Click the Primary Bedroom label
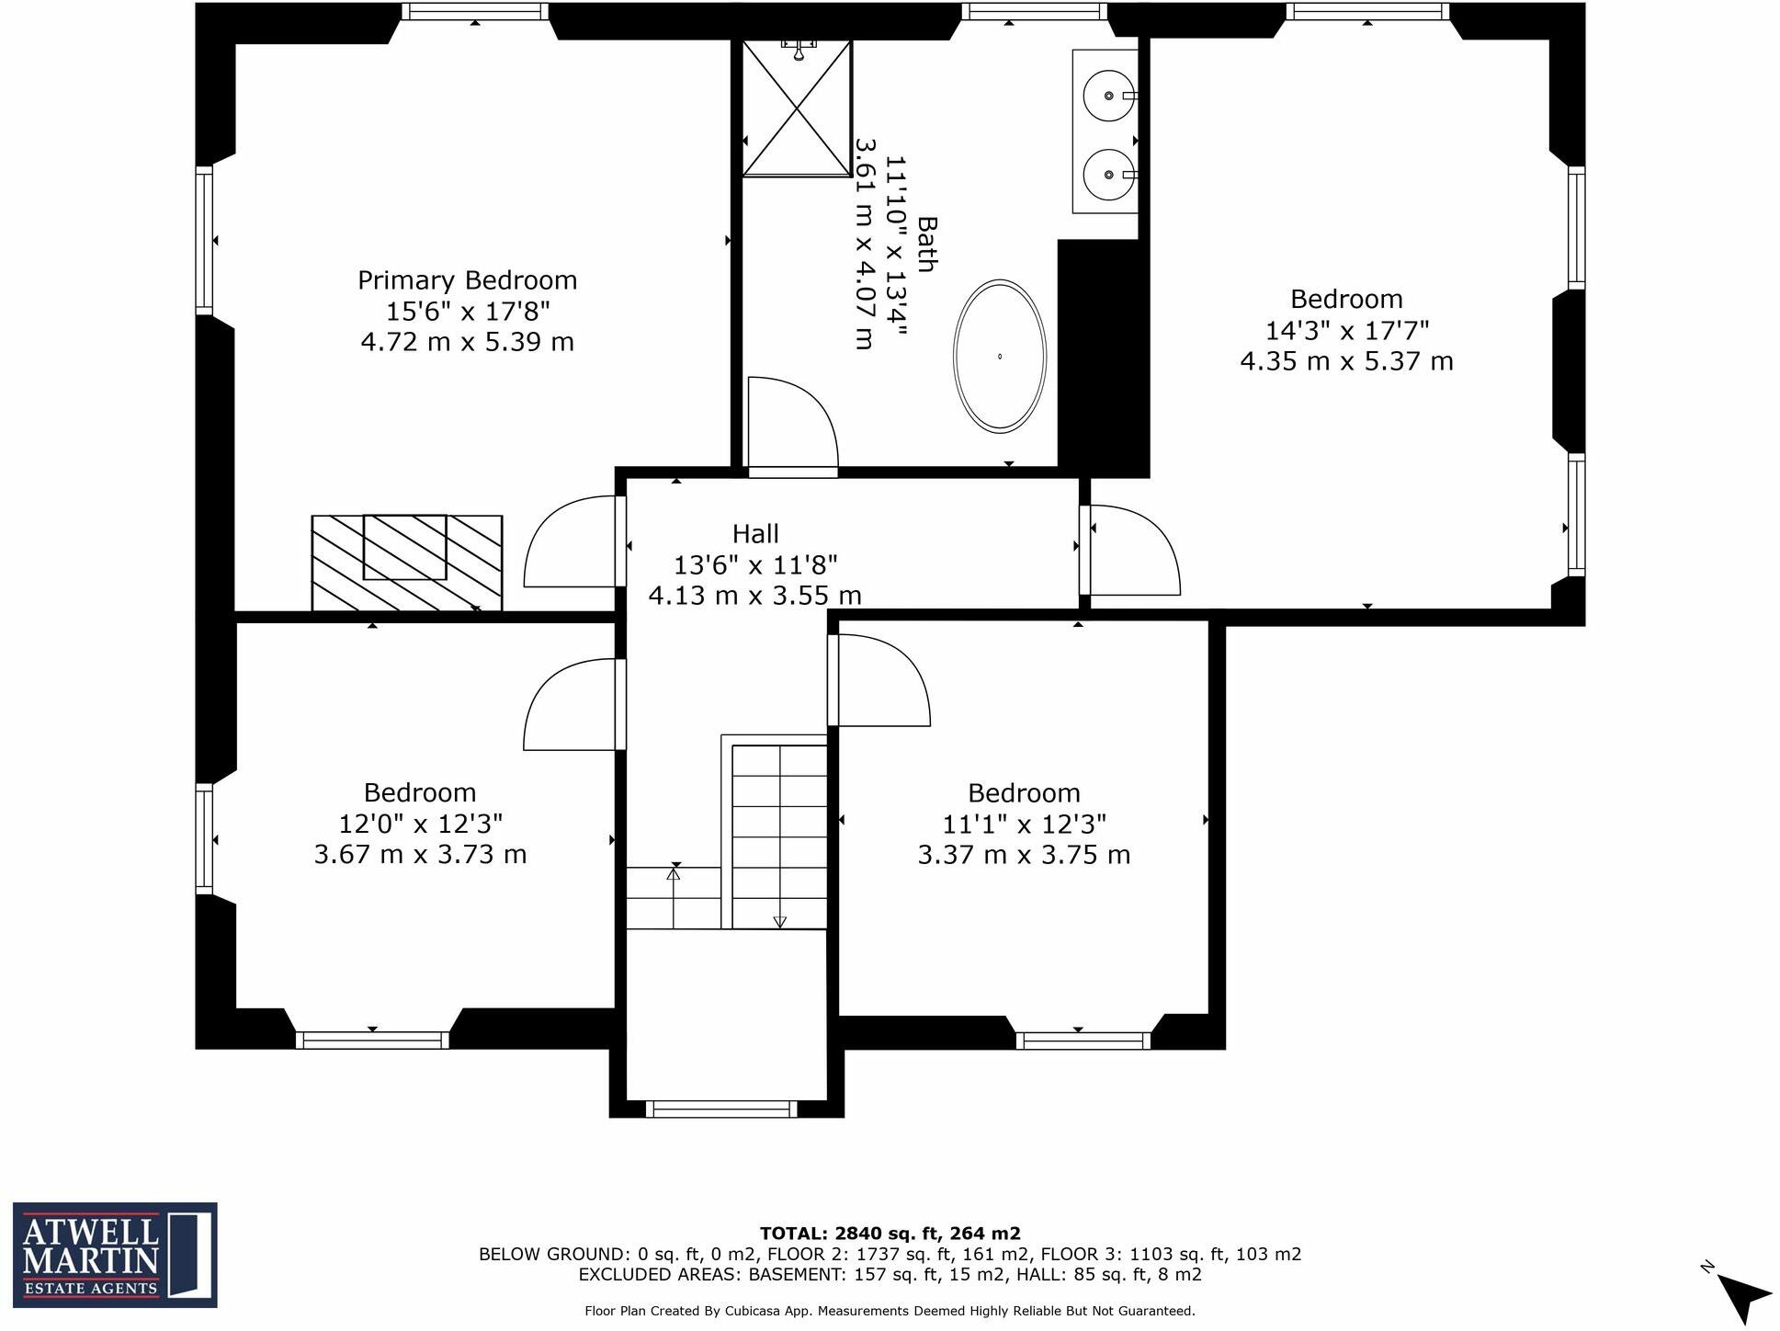(x=467, y=280)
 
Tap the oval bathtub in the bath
(x=999, y=357)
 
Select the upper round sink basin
(x=1107, y=96)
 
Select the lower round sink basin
(x=1107, y=175)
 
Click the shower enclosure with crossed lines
(x=797, y=108)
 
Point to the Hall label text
(x=755, y=534)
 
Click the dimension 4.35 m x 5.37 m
(x=1346, y=361)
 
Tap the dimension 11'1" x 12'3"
(x=1024, y=824)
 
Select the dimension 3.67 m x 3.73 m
(x=420, y=855)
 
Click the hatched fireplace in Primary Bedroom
(x=406, y=563)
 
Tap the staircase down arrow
(x=780, y=921)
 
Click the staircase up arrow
(x=674, y=874)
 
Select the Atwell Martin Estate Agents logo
(x=115, y=1255)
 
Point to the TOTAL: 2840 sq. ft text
(x=890, y=1234)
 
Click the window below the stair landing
(x=721, y=1109)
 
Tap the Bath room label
(x=926, y=245)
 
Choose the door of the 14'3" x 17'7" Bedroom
(x=1132, y=550)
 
